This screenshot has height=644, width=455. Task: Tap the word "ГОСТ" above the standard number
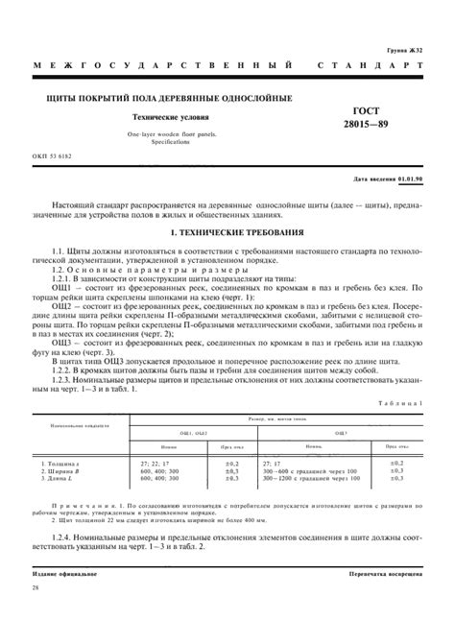click(x=369, y=109)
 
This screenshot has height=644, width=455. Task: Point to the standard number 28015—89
click(x=369, y=125)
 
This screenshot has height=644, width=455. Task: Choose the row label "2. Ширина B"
click(x=60, y=471)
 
